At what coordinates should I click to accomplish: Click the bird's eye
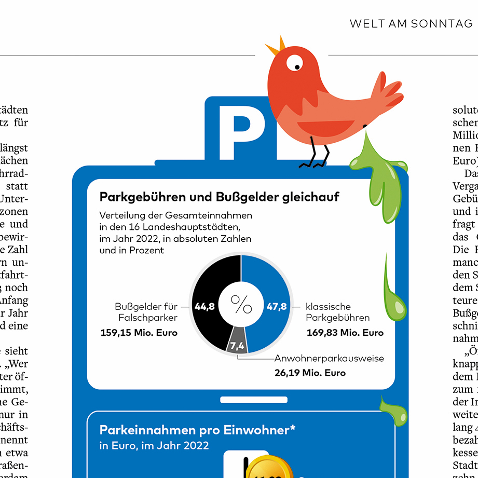(294, 63)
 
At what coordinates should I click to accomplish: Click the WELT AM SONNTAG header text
(411, 24)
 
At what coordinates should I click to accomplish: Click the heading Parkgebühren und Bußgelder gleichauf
(219, 197)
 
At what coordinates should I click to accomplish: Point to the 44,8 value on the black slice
(204, 307)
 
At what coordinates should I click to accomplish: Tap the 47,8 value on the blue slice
(277, 307)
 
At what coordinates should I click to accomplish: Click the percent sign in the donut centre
(241, 305)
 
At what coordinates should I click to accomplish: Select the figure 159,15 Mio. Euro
(139, 333)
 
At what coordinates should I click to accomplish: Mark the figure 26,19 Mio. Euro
(310, 373)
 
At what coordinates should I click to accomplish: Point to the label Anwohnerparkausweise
(329, 359)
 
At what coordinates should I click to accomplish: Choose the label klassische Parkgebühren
(337, 312)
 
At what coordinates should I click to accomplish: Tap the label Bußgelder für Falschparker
(146, 312)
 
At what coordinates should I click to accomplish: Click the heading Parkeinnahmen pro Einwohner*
(197, 430)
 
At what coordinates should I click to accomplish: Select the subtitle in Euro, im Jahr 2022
(154, 445)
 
